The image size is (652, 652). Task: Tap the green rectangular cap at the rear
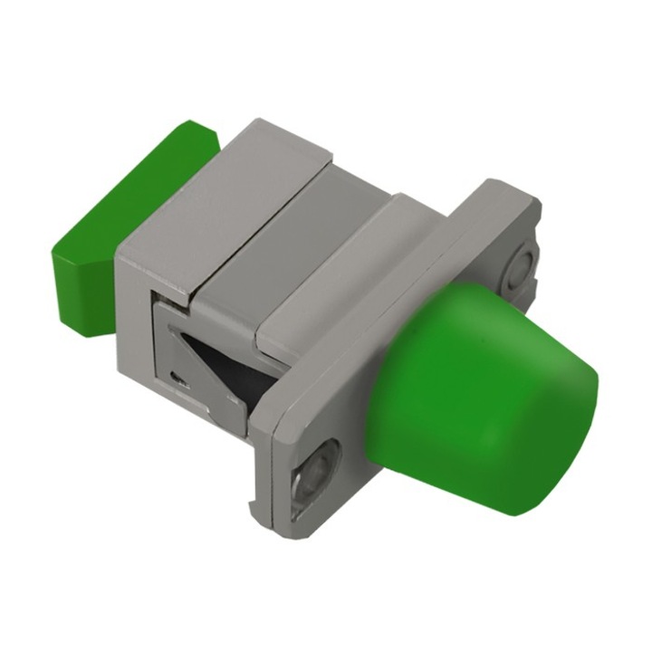tap(136, 208)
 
